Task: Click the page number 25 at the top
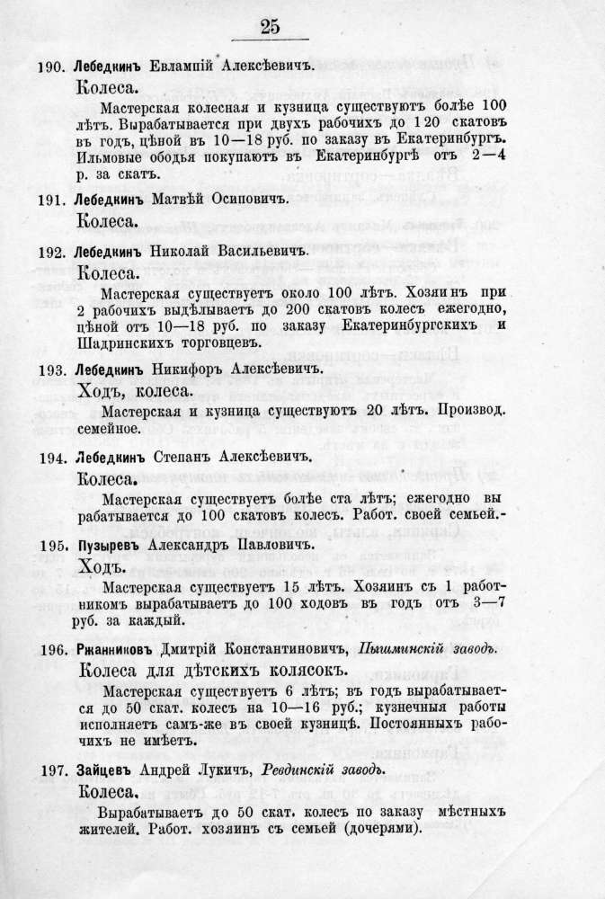[270, 26]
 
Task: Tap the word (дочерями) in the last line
[377, 830]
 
